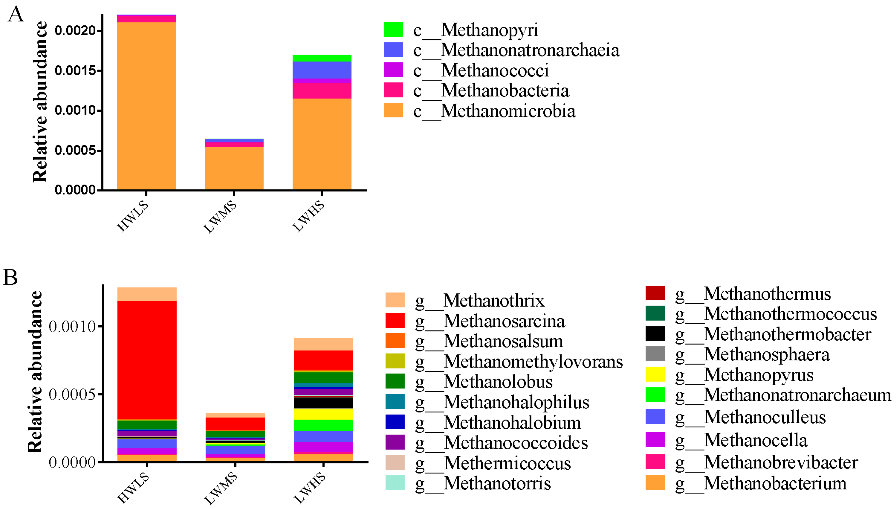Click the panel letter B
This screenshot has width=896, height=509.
(x=10, y=278)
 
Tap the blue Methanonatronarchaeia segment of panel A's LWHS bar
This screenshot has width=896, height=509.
(x=322, y=70)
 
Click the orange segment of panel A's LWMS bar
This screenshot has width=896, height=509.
(x=234, y=168)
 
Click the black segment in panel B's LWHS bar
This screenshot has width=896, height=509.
(x=323, y=403)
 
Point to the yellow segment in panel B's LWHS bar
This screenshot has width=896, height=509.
(x=323, y=414)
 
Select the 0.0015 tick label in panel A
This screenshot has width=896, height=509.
(x=75, y=71)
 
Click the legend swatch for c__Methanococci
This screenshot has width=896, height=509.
(x=393, y=70)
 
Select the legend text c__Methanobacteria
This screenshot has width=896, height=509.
(x=491, y=91)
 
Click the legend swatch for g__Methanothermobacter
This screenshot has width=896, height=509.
(x=655, y=334)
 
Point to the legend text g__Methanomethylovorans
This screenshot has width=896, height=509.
(x=519, y=361)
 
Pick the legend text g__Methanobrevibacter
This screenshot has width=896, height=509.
(x=767, y=462)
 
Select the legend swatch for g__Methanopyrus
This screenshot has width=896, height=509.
(x=655, y=374)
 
